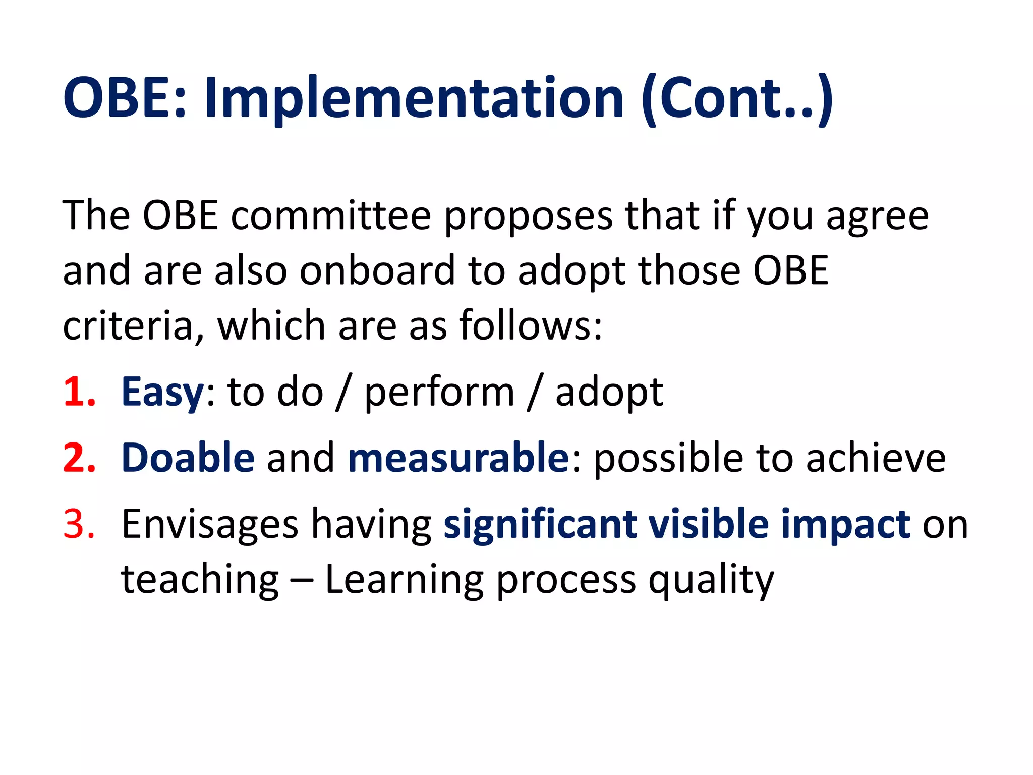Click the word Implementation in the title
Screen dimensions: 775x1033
click(x=414, y=98)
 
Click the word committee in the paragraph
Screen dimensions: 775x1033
click(x=331, y=216)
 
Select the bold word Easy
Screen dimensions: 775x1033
click(x=162, y=393)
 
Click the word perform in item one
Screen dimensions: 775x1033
click(x=439, y=393)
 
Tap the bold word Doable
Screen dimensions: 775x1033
click(x=188, y=458)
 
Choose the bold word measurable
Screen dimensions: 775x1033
click(x=458, y=458)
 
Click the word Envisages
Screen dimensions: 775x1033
click(x=209, y=525)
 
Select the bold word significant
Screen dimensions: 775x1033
click(x=540, y=525)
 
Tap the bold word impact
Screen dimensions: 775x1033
click(x=845, y=525)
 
